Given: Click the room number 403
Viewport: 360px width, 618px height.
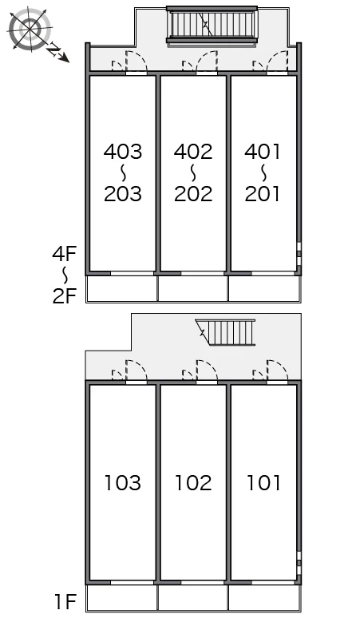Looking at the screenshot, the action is pos(122,152).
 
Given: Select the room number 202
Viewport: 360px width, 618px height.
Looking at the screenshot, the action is pos(193,193).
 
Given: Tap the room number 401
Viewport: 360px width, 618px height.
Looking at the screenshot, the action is pos(263,152).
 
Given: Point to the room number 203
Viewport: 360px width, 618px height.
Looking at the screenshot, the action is pos(122,193).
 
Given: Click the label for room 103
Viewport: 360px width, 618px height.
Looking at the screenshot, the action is pos(122,483).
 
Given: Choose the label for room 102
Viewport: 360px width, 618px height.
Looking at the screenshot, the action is pos(193,483).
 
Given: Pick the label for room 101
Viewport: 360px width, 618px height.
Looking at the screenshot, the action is pos(263,483).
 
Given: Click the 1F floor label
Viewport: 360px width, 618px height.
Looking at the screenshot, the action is pos(65,602).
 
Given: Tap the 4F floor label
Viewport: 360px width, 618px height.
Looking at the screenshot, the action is pos(64,253).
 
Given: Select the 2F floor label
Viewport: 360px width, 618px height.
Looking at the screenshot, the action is pos(64,296).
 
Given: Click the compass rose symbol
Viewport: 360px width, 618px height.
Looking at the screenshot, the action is pos(30,29).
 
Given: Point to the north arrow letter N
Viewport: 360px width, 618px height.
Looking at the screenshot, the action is pos(54,50).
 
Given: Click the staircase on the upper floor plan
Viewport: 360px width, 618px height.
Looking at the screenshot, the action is pos(212,25).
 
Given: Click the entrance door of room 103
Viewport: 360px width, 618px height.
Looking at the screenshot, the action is pos(136,371).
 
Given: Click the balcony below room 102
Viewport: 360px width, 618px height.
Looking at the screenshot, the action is pos(193,597).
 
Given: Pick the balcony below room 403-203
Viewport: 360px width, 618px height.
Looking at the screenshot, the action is pos(122,288).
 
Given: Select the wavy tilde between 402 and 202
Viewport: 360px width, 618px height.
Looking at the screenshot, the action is pos(193,172).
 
